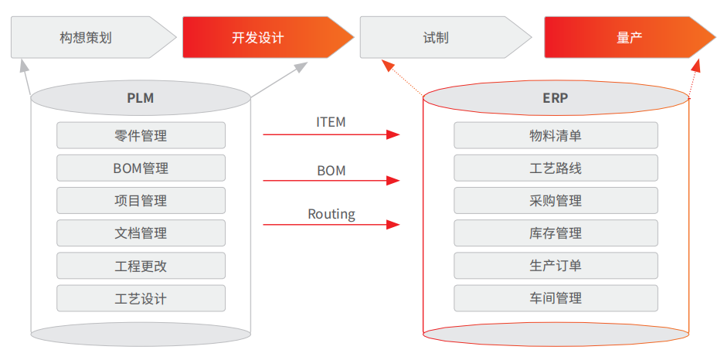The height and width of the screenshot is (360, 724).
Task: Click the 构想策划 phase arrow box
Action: click(x=86, y=37)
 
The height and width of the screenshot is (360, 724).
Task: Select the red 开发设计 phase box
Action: click(x=258, y=37)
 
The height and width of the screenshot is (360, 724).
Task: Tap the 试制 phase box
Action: click(x=436, y=37)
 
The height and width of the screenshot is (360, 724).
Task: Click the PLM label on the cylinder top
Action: click(x=141, y=98)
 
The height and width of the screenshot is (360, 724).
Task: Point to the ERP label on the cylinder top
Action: click(x=556, y=98)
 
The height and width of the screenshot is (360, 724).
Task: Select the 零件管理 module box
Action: click(x=141, y=135)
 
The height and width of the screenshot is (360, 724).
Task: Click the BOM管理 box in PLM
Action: click(x=141, y=168)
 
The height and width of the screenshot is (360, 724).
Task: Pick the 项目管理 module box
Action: click(x=141, y=200)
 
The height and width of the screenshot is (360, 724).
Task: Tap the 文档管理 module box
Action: click(x=141, y=233)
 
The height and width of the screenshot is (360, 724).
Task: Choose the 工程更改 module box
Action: click(x=141, y=265)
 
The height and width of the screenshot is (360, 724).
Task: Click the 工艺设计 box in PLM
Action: click(x=141, y=297)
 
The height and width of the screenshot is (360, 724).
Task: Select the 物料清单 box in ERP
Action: click(x=556, y=135)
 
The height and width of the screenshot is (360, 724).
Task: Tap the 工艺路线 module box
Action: click(x=556, y=168)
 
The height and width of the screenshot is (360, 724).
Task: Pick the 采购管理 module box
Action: click(x=556, y=200)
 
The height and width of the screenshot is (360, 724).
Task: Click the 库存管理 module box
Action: click(x=556, y=233)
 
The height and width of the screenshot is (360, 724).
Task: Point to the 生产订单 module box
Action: click(x=556, y=265)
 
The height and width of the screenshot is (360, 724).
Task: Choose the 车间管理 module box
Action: click(x=556, y=297)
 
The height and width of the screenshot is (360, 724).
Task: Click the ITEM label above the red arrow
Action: click(x=331, y=122)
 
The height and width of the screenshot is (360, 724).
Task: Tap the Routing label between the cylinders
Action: click(x=331, y=214)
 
